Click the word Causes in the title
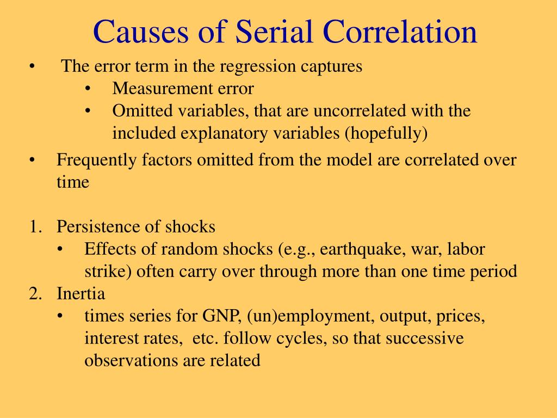click(141, 32)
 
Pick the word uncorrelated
click(359, 110)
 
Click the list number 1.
click(35, 227)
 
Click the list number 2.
click(35, 293)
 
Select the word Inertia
click(81, 293)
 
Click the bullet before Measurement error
click(88, 89)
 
